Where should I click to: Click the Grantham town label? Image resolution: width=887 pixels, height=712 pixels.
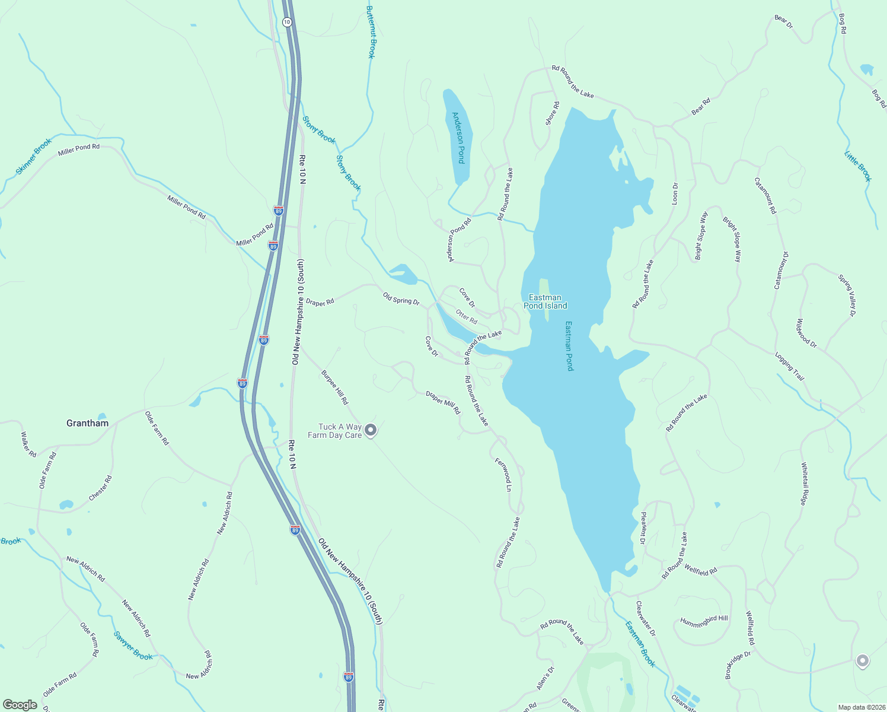tap(88, 423)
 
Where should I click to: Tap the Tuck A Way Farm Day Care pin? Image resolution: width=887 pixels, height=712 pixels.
tap(371, 430)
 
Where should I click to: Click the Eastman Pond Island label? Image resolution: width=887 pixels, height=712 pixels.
tap(545, 301)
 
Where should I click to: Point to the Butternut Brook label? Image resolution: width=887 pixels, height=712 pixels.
tap(371, 32)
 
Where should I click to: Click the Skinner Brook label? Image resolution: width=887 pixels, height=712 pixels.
tap(34, 157)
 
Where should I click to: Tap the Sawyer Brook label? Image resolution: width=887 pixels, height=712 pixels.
tap(133, 646)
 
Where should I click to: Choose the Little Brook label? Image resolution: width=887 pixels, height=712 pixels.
tap(858, 166)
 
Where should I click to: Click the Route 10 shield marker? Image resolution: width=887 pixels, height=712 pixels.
tap(287, 22)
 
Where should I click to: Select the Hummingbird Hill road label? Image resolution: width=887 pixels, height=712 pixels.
tap(704, 622)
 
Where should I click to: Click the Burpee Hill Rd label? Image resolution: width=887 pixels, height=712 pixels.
tap(335, 387)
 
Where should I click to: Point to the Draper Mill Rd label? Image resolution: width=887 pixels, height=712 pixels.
tap(443, 402)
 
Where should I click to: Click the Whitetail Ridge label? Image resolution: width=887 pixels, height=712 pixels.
tap(804, 484)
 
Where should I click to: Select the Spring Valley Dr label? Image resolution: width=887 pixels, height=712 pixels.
tap(847, 295)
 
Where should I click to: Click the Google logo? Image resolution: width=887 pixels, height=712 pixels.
tap(20, 705)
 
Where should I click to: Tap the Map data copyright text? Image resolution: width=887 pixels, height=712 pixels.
tap(861, 707)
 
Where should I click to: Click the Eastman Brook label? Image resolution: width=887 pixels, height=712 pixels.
tap(640, 644)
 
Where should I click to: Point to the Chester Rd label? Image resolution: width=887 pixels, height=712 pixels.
tap(100, 488)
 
